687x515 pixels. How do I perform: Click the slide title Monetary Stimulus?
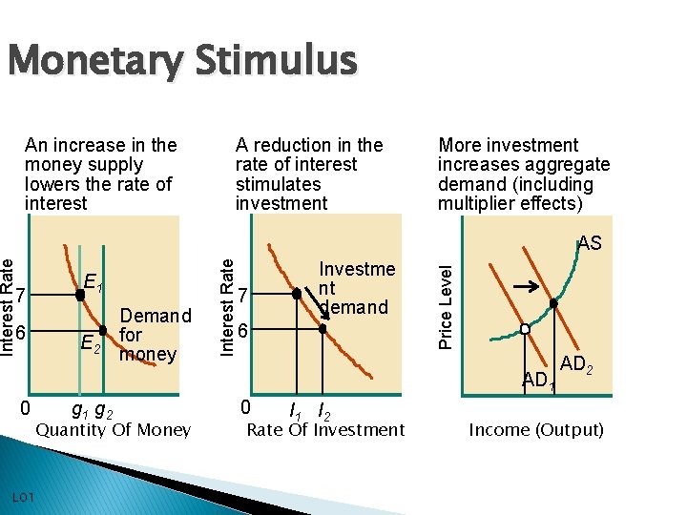181,63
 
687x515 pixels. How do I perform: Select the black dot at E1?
80,295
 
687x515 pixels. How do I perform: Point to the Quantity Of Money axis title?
114,430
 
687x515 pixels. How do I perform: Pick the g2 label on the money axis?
106,410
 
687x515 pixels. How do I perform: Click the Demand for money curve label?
155,335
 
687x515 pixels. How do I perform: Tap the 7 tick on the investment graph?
244,296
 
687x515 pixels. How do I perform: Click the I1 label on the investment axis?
297,411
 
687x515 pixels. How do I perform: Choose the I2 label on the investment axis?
323,411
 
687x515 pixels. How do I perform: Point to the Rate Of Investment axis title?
325,430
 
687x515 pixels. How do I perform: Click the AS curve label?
590,243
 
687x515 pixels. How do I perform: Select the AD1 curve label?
537,381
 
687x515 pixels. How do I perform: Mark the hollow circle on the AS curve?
524,329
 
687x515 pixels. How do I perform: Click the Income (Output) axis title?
536,430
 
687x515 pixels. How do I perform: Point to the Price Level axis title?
446,304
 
